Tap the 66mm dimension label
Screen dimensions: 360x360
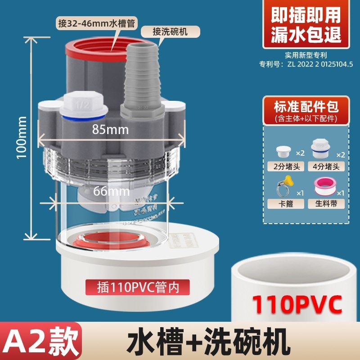[111, 192]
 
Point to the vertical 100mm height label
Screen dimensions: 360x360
[21, 137]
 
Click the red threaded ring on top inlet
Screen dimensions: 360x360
[97, 49]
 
